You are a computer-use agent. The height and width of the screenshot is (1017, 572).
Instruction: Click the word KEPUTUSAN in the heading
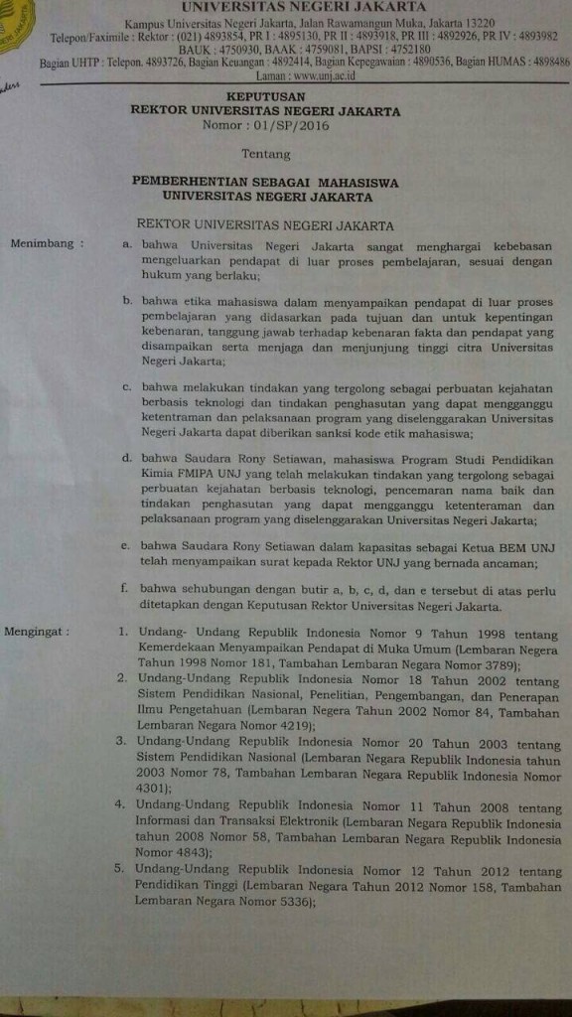tap(265, 97)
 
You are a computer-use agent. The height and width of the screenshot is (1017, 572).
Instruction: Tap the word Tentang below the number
tap(266, 154)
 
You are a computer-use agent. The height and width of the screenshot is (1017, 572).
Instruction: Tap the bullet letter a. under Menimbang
tap(126, 242)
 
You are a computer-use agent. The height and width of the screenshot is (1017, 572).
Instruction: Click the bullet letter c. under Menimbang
tap(126, 387)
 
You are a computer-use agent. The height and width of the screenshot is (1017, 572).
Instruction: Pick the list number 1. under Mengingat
tap(123, 632)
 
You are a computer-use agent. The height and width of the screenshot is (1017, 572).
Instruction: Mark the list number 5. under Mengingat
tap(123, 870)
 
